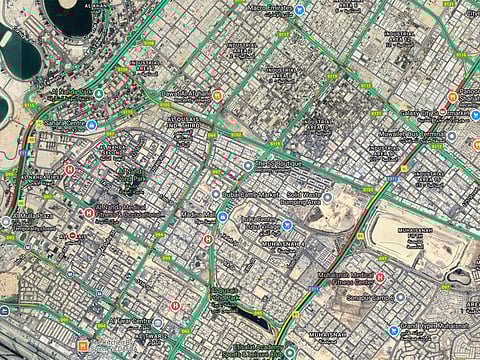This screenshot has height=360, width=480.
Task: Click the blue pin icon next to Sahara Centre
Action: click(91, 125)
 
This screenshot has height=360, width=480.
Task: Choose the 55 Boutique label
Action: click(277, 164)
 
